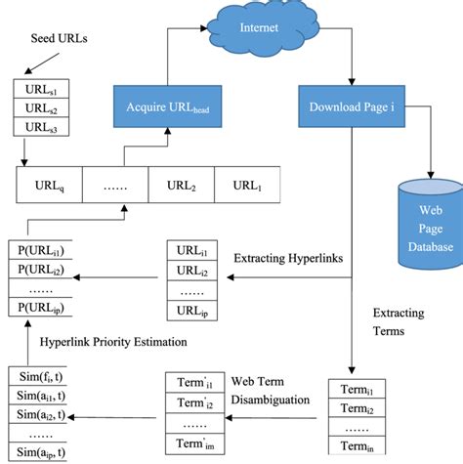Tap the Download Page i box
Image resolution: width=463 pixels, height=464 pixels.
click(351, 105)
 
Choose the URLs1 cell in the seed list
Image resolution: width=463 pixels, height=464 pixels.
click(41, 90)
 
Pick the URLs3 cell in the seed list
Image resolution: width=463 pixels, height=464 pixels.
click(41, 127)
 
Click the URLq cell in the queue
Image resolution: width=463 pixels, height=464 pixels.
click(49, 185)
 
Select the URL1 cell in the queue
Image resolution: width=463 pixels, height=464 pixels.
click(248, 185)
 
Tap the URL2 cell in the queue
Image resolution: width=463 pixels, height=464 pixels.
click(182, 185)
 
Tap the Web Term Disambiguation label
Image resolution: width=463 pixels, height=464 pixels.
click(271, 389)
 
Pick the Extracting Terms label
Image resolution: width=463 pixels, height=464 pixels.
click(399, 322)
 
